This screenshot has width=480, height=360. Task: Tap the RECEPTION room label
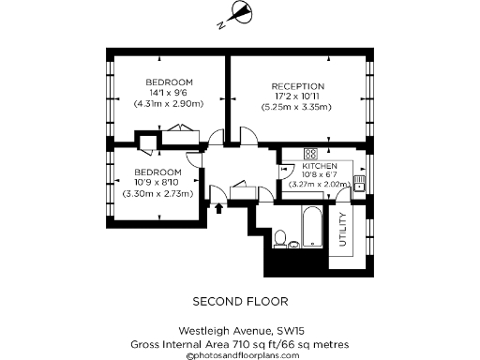pos(298,86)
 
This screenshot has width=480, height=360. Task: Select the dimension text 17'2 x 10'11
pos(298,97)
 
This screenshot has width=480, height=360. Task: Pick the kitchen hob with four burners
pos(308,155)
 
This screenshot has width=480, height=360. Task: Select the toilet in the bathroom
pos(293,246)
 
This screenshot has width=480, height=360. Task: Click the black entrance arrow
pos(218,207)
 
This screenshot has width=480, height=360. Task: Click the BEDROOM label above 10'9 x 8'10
pos(157,172)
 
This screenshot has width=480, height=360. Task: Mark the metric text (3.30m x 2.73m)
pos(157,193)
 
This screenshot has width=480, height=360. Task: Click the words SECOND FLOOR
pos(240,302)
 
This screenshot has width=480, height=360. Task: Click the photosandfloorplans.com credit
pos(241,355)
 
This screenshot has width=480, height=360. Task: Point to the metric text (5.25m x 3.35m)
pos(298,107)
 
